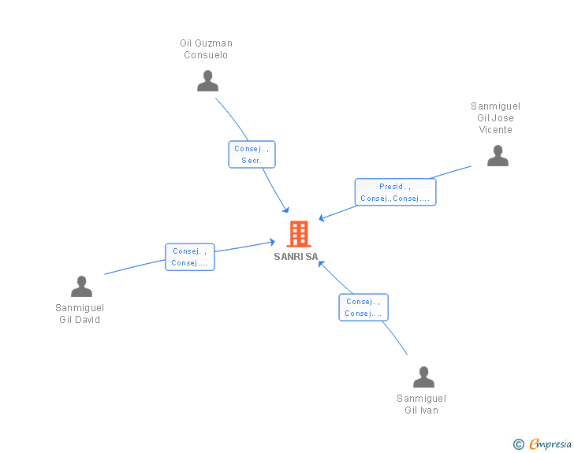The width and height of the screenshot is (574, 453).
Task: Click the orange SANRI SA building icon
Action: point(298,234)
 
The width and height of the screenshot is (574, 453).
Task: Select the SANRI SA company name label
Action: point(296,257)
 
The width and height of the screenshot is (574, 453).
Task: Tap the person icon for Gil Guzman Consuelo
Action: point(207,81)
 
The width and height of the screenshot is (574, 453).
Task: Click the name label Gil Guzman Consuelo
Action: point(206,50)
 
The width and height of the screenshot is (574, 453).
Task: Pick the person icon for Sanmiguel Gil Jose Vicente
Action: point(498,156)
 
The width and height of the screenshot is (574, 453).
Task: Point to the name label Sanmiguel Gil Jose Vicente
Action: point(495,118)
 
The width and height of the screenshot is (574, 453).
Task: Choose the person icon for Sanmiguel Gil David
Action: point(81,287)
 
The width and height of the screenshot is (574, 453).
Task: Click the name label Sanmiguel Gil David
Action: point(80,314)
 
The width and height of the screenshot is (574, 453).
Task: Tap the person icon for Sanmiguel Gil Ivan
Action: point(423,377)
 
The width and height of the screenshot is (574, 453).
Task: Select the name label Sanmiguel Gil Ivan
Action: point(421,404)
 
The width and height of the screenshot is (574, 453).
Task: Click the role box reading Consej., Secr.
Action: point(252,154)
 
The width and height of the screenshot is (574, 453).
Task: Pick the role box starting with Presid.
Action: point(395,192)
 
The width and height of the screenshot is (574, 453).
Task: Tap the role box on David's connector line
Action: point(190,257)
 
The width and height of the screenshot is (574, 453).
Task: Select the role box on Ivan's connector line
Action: point(363,307)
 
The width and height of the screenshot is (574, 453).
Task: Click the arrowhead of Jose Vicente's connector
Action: point(322,218)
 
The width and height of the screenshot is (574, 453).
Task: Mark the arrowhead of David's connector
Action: point(271,243)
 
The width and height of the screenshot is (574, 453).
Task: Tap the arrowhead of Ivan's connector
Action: point(321,263)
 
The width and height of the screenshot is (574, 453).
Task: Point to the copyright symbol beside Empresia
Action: point(518,445)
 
